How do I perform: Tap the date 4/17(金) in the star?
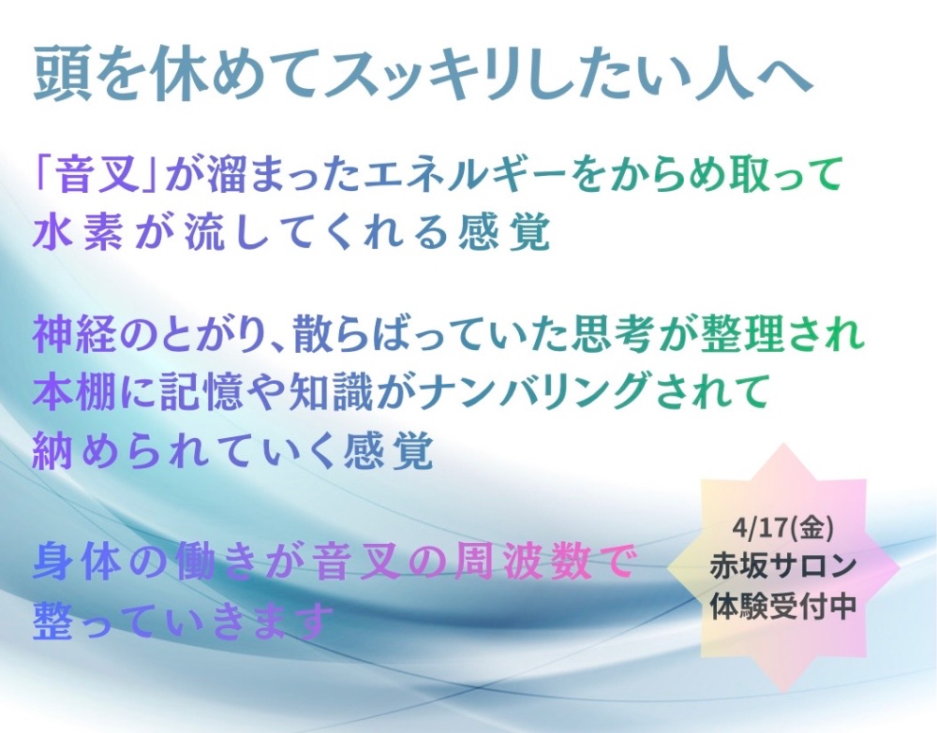pos(781,528)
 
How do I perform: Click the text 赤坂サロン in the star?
pos(782,565)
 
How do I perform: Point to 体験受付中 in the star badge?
pos(782,606)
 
